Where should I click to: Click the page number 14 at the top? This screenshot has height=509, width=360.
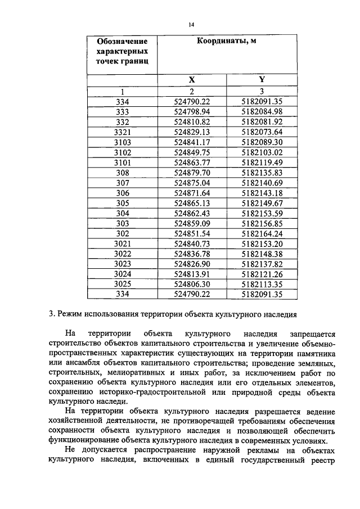[191, 25]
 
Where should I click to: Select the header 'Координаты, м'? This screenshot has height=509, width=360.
[227, 41]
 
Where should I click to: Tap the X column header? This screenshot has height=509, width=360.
[192, 80]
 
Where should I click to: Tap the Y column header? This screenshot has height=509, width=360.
[261, 80]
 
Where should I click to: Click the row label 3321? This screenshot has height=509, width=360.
[122, 131]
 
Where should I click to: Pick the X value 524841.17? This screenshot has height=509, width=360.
[192, 141]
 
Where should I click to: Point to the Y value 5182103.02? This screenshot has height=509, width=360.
[261, 151]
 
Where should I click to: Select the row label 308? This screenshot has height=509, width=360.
[122, 172]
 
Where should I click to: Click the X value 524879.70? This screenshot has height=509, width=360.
[192, 172]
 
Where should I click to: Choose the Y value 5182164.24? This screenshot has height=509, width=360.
[261, 232]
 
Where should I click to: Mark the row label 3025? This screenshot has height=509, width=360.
[122, 283]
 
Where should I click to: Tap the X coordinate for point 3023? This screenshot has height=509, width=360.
[192, 263]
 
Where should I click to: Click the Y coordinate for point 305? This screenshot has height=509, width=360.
[261, 202]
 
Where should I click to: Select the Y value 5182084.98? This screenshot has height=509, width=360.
[261, 111]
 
